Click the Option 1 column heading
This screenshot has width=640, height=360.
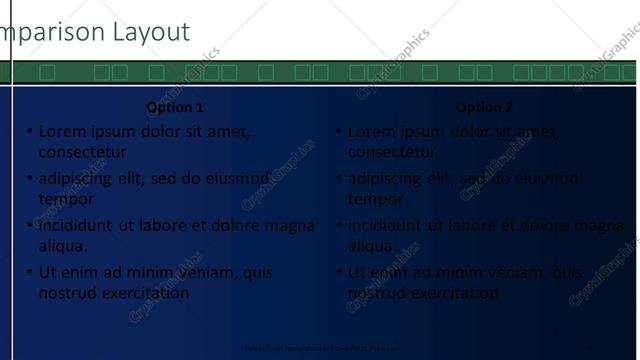pos(175,107)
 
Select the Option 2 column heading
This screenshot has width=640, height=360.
pos(484,107)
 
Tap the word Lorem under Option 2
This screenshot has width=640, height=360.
pos(371,131)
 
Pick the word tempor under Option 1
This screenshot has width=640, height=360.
pos(66,199)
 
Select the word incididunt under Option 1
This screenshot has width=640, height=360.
pos(76,226)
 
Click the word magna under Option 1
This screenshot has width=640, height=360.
pos(290,226)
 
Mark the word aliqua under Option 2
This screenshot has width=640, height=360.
pos(371,246)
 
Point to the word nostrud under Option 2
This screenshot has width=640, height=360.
pos(376,293)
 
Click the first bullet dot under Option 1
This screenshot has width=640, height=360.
pos(30,131)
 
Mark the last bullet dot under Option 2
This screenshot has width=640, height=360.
pos(339,272)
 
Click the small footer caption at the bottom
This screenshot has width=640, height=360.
pos(319,349)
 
